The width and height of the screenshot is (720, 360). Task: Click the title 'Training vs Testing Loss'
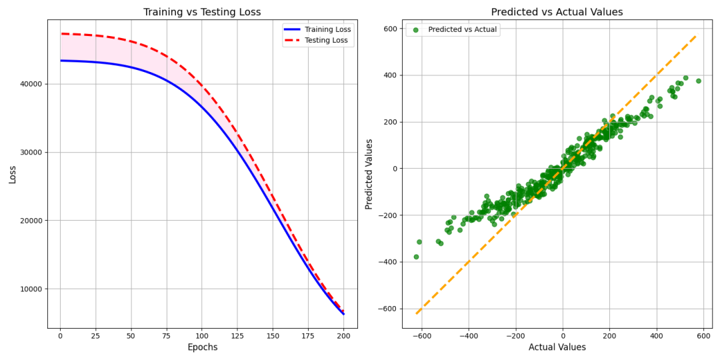[x=203, y=12]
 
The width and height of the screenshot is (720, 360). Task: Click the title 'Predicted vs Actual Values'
[x=557, y=12]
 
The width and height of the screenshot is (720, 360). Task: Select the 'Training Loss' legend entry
[x=327, y=29]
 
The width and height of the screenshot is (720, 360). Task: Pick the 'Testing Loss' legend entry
[x=326, y=41]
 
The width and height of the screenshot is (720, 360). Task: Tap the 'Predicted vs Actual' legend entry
[x=461, y=29]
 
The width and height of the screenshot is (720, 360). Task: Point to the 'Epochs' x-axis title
[x=202, y=347]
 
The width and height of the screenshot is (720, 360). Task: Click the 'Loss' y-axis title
[x=13, y=174]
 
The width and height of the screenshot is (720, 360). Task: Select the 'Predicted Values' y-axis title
[x=369, y=174]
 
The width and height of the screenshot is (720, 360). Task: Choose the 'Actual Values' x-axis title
[x=557, y=347]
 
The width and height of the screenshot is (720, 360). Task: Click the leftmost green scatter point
[x=416, y=257]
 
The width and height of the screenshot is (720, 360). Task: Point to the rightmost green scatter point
[x=698, y=81]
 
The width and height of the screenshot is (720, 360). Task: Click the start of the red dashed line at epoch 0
[x=61, y=33]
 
